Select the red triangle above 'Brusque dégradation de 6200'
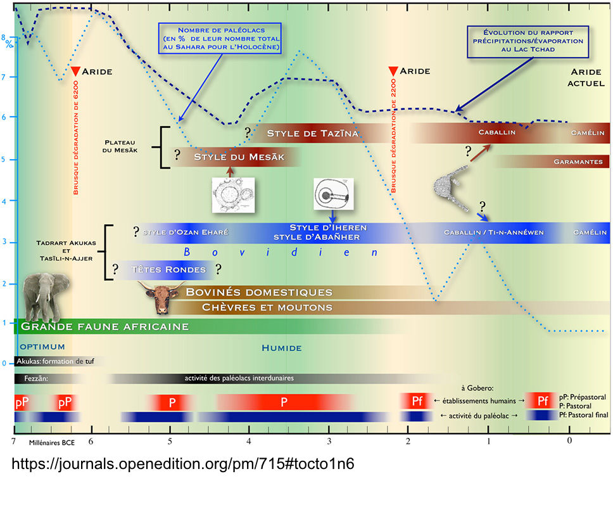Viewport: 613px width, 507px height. [x=75, y=71]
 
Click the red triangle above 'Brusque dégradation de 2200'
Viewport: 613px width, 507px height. [x=393, y=71]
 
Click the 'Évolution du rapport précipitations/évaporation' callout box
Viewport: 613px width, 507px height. [x=528, y=41]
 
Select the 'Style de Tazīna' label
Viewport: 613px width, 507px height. [x=313, y=133]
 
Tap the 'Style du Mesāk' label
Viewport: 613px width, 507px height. [x=239, y=157]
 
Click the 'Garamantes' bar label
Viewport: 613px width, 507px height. [x=578, y=162]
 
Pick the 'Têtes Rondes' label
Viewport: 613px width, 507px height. [x=168, y=269]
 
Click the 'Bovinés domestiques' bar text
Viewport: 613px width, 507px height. [x=258, y=292]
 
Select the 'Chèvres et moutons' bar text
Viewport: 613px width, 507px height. [x=267, y=307]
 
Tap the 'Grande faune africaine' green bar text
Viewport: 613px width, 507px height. [x=104, y=327]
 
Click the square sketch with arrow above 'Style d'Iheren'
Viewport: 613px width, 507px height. [x=332, y=193]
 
